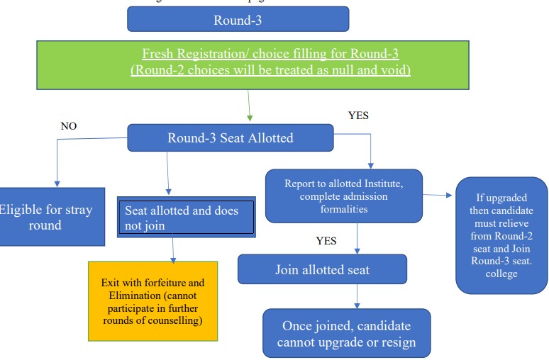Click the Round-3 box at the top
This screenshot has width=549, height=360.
point(238,19)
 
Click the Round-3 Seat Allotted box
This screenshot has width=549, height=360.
point(230,137)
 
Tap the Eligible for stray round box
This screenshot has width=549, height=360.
point(46,217)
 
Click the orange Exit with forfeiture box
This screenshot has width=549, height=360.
point(152,300)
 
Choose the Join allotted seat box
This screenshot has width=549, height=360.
point(322,269)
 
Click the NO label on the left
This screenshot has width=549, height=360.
point(69,126)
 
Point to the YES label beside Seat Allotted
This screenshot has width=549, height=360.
point(359,116)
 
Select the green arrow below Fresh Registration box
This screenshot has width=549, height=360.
point(250,109)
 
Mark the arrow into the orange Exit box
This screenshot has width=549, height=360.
point(173,250)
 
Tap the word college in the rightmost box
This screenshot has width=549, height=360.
point(502,274)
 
